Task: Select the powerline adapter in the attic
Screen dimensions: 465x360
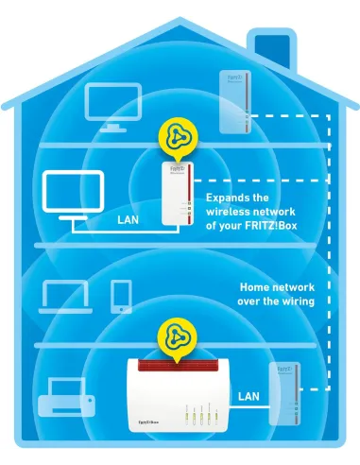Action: [x=237, y=102]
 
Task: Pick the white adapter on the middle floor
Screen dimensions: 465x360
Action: [x=173, y=191]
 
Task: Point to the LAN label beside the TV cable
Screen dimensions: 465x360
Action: [x=129, y=220]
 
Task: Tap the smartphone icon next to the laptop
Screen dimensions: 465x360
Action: [x=121, y=296]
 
